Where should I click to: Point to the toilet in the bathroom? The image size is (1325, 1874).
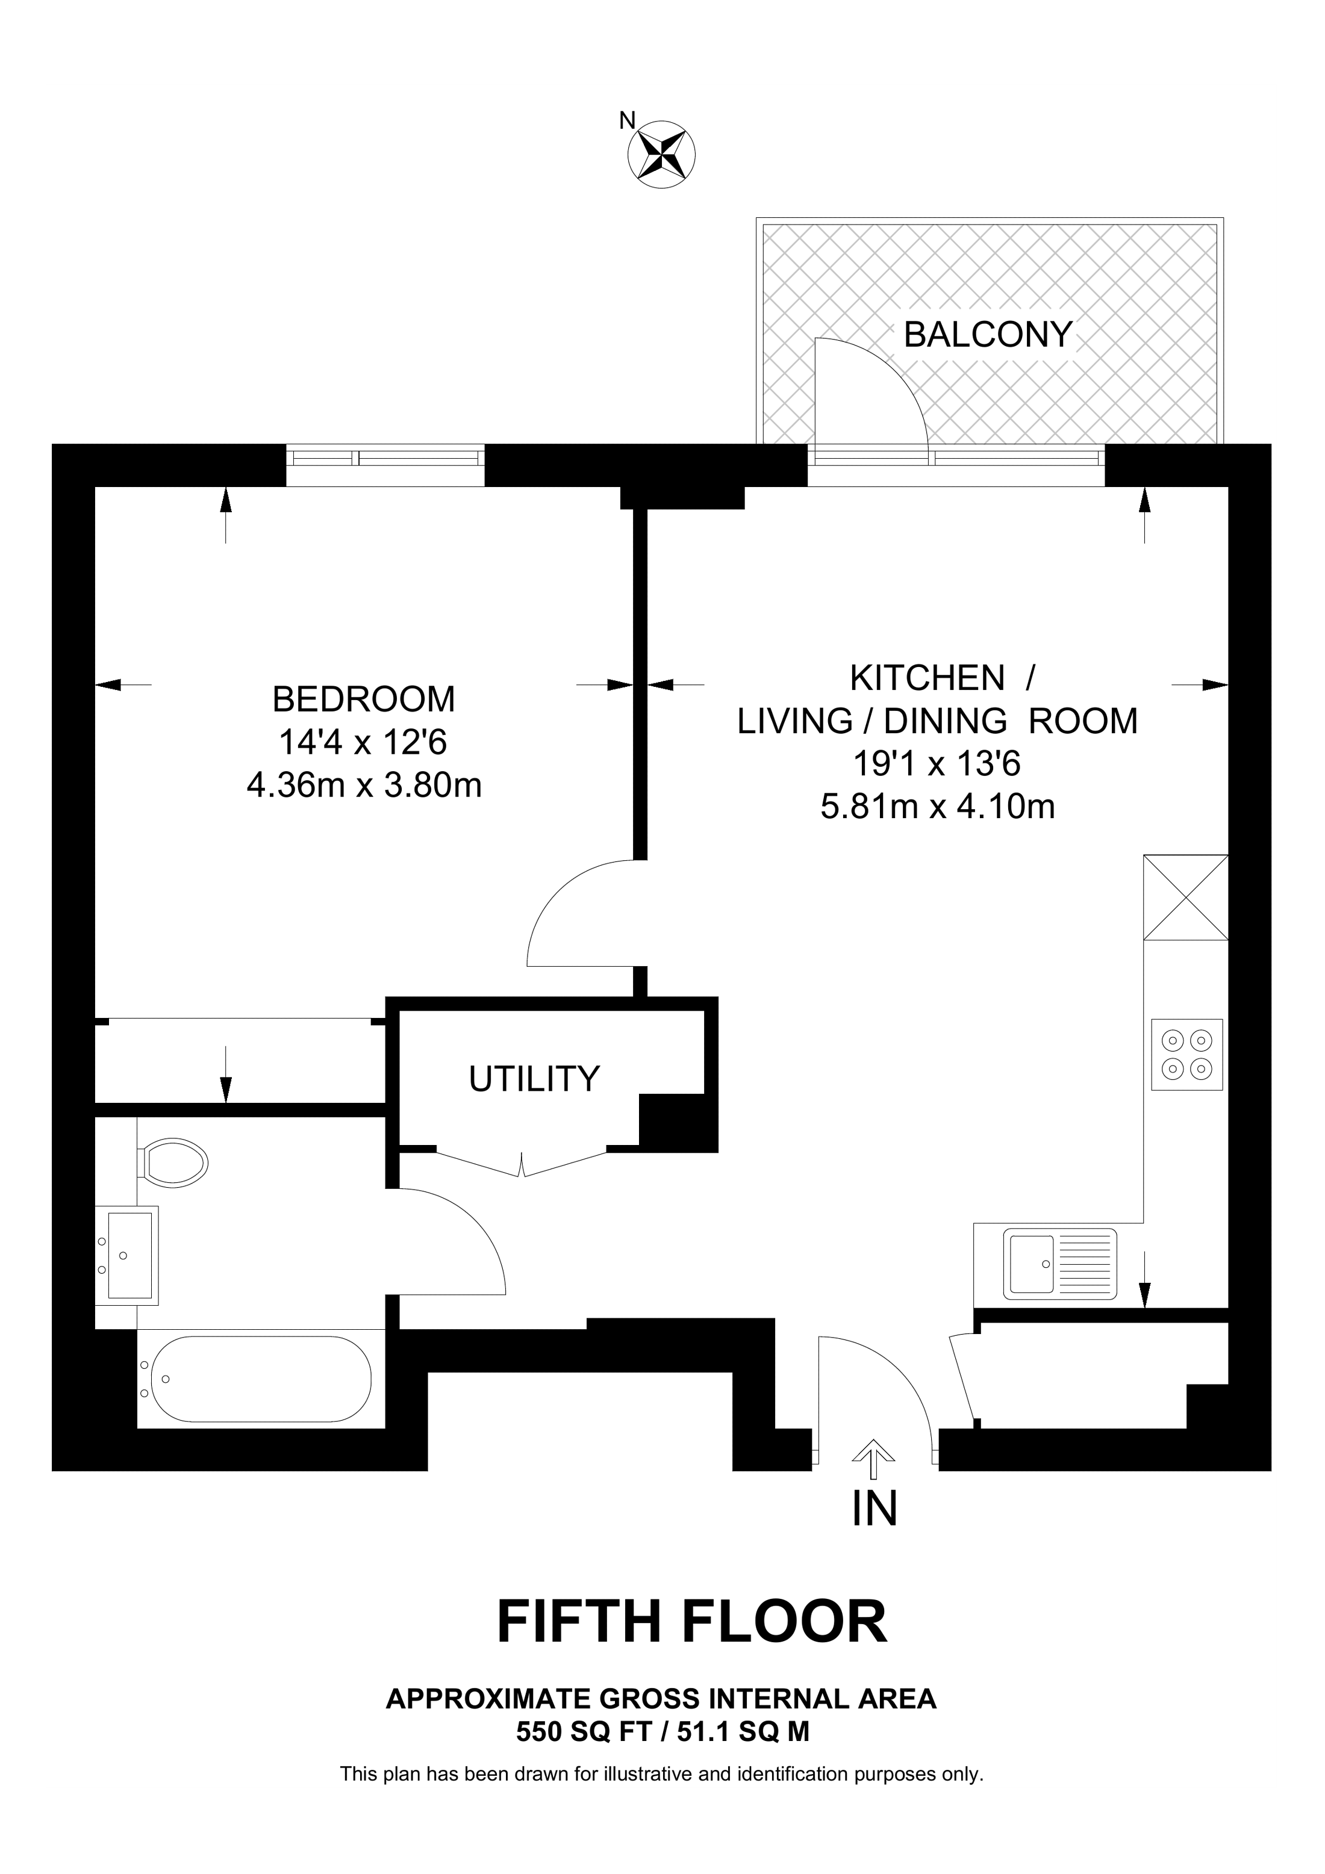pyautogui.click(x=173, y=1160)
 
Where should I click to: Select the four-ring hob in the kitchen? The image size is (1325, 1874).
pyautogui.click(x=1187, y=1055)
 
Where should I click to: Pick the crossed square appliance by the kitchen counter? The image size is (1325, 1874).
pyautogui.click(x=1186, y=897)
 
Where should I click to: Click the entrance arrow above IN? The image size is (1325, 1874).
pyautogui.click(x=873, y=1459)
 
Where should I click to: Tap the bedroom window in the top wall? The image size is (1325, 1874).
pyautogui.click(x=385, y=465)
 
